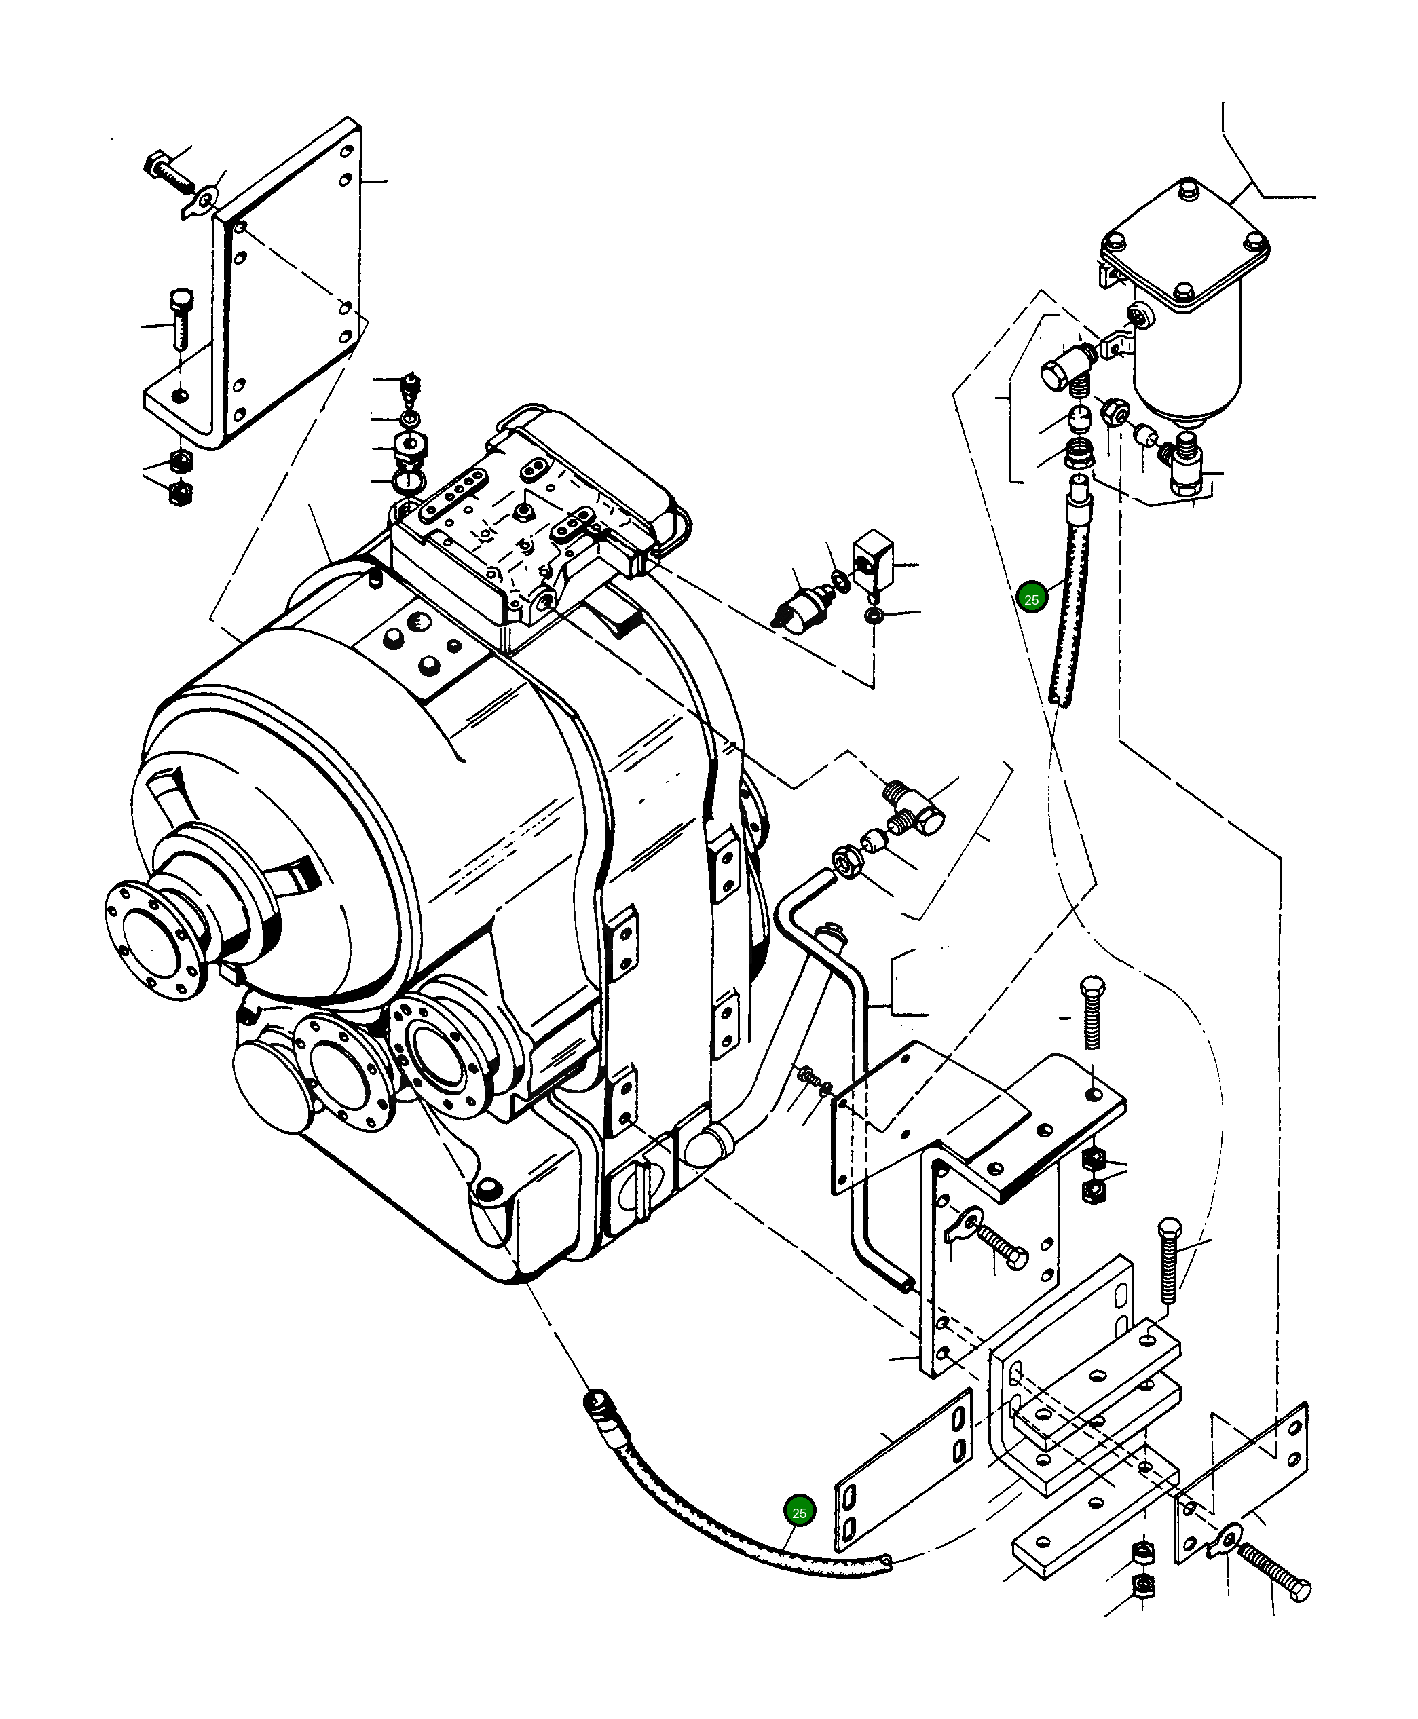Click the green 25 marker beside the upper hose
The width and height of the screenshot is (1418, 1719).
(x=1031, y=599)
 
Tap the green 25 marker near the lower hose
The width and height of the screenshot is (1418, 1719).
(x=799, y=1513)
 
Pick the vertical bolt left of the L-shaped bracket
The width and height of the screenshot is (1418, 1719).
(x=181, y=318)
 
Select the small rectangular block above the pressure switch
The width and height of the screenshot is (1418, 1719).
(x=872, y=558)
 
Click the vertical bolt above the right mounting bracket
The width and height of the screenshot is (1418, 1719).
(x=1093, y=1012)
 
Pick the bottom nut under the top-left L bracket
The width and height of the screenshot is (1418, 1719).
(x=180, y=493)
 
